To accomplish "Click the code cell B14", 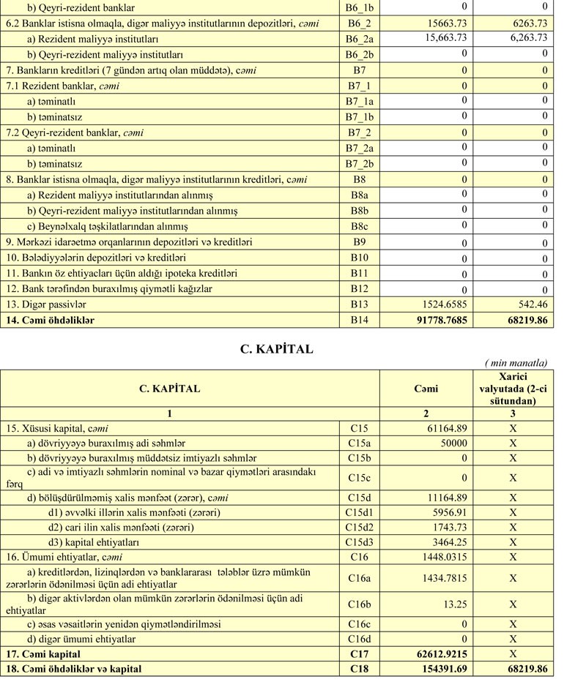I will point(360,320).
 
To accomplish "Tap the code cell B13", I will point(360,304).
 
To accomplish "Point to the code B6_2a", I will point(360,39).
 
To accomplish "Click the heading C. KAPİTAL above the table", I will point(276,349).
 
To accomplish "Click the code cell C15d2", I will point(360,527).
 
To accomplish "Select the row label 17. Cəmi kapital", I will point(43,653).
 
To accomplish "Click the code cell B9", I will point(360,241).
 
